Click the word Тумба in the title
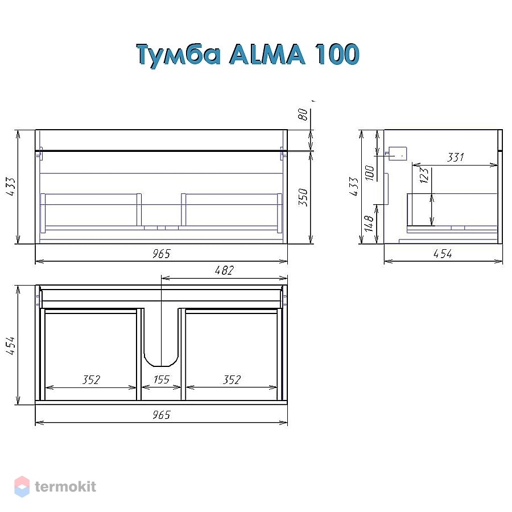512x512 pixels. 179,55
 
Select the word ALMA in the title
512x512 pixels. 267,54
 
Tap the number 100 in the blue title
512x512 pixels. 337,54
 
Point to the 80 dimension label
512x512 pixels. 303,114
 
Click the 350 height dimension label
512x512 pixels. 303,197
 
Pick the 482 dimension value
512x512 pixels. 224,270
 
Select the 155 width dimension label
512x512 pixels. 162,379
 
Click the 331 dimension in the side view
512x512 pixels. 455,158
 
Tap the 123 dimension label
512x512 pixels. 424,175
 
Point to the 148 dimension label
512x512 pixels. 369,224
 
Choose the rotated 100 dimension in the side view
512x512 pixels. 369,173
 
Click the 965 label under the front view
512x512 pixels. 162,254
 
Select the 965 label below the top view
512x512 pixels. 162,415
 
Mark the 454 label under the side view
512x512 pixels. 443,254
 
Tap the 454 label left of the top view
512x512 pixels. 10,345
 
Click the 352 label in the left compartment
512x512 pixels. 91,380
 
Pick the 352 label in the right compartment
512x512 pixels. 232,380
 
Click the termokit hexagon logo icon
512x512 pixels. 22,486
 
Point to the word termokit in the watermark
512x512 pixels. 65,486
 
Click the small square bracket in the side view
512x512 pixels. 398,154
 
